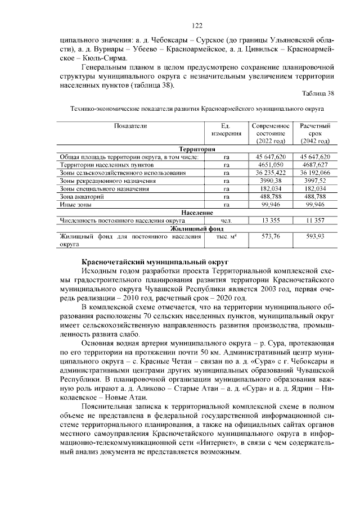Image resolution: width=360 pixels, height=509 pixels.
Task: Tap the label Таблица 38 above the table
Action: click(318, 93)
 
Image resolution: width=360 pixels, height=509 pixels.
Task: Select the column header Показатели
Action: click(130, 126)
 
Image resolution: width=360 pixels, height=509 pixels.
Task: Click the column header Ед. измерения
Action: click(226, 130)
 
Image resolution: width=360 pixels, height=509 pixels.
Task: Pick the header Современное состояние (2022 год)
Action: click(271, 133)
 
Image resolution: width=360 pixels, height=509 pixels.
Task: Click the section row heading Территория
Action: click(193, 149)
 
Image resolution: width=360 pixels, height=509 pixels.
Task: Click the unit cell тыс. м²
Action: click(226, 237)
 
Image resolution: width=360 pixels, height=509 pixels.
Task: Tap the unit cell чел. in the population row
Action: click(226, 220)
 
